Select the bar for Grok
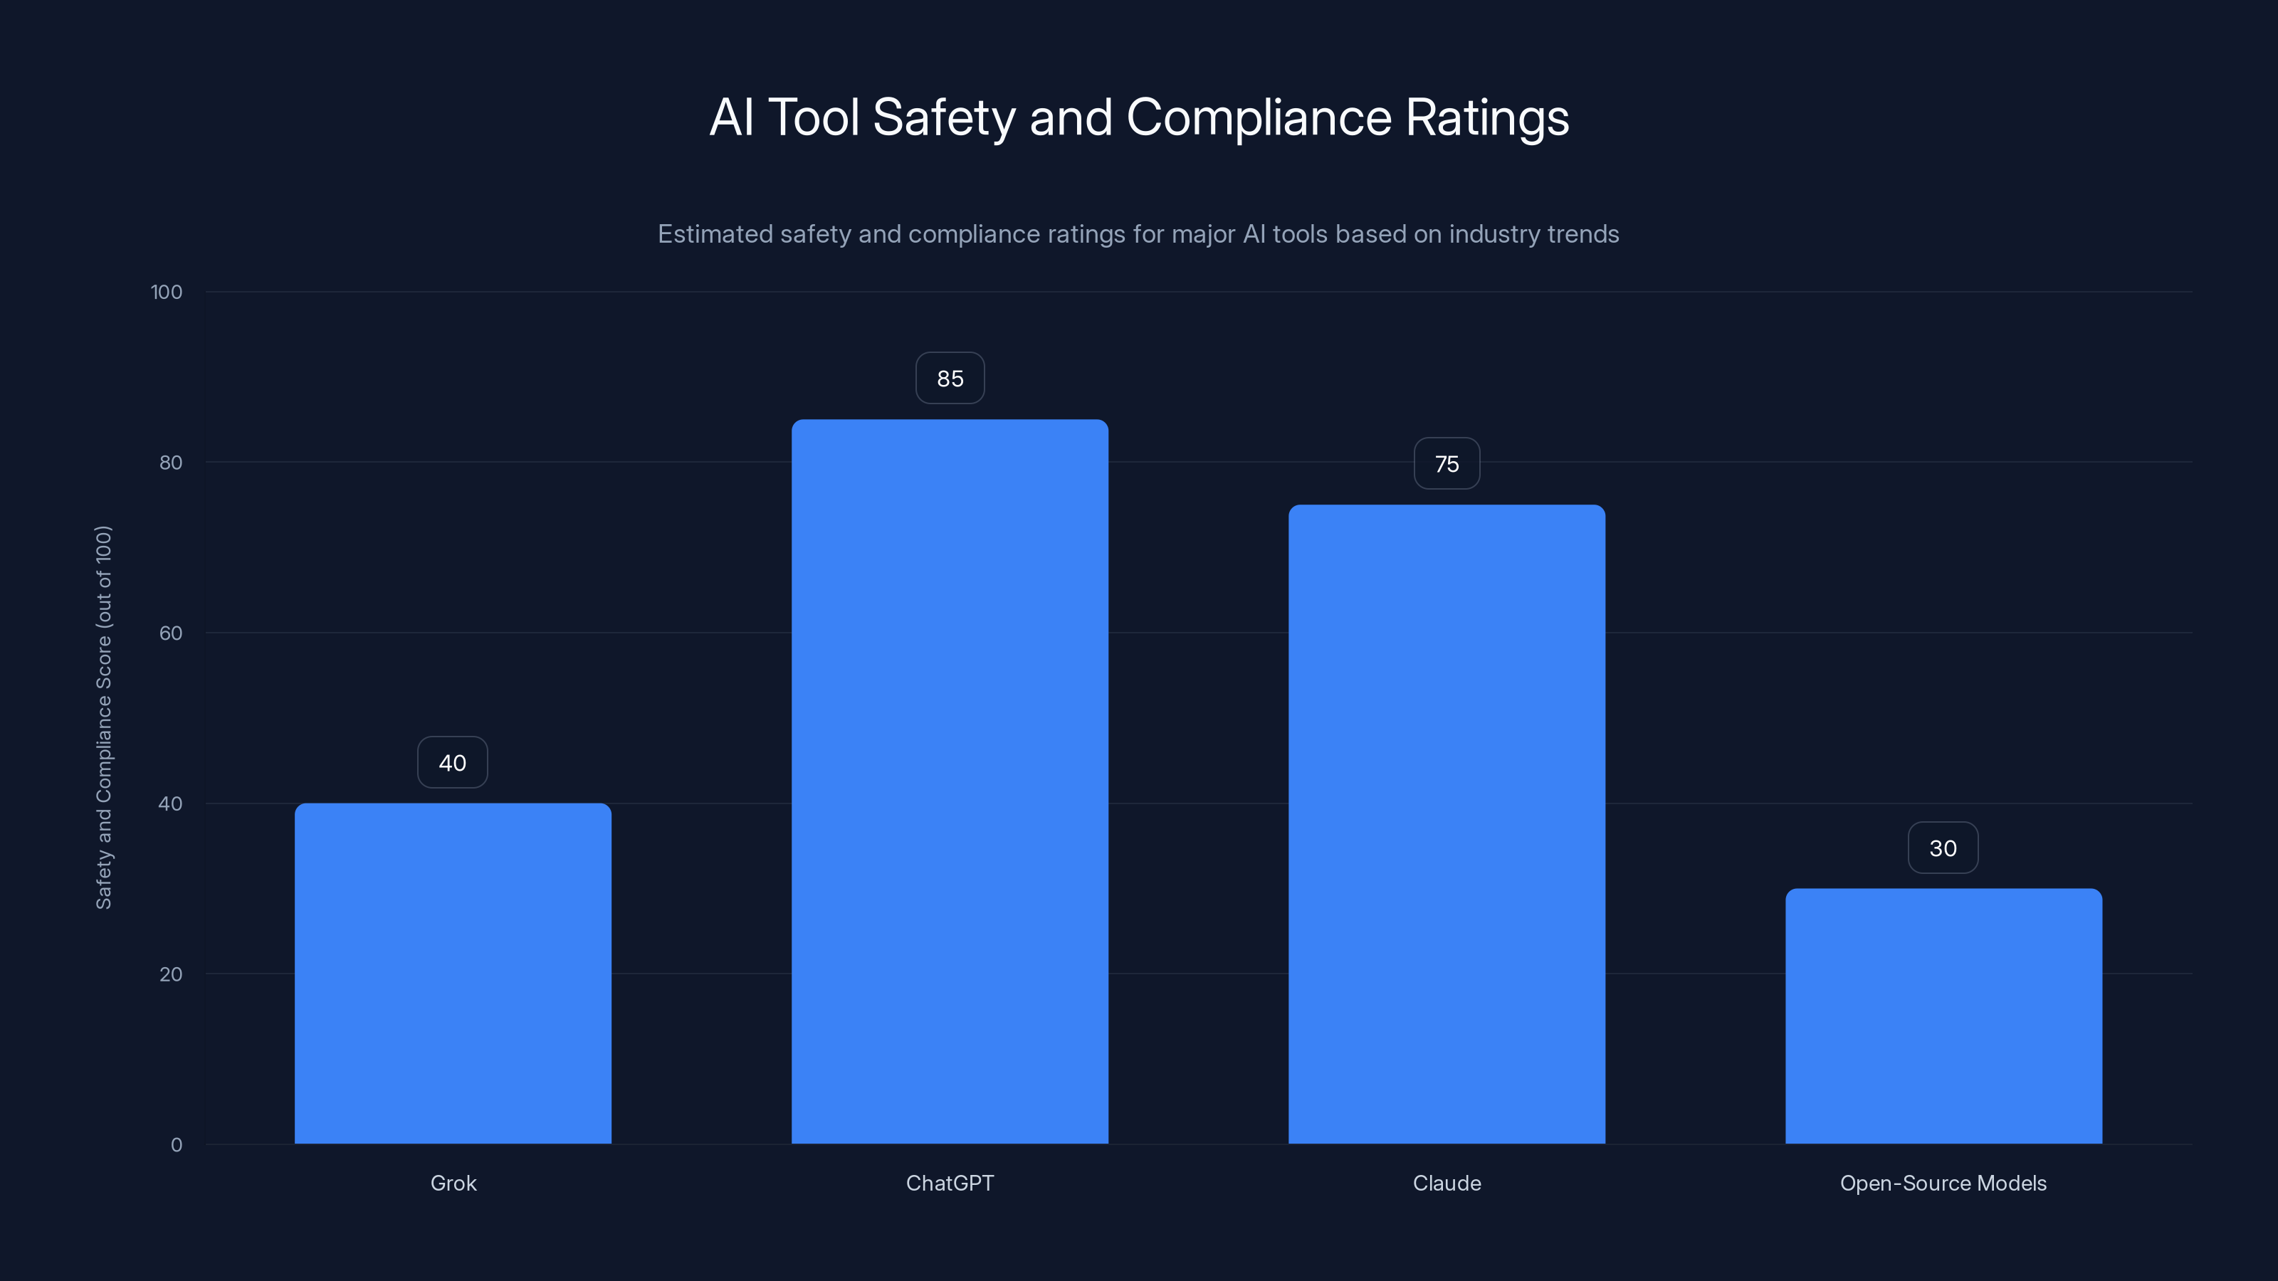(x=453, y=972)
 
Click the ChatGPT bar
(x=950, y=781)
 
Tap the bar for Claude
(x=1447, y=824)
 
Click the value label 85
(x=950, y=379)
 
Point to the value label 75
(x=1447, y=464)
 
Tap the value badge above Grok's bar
(x=453, y=763)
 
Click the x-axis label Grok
(x=453, y=1183)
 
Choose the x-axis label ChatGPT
(x=950, y=1183)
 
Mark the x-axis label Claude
(x=1447, y=1183)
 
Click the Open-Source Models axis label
(x=1943, y=1183)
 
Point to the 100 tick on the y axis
(x=167, y=292)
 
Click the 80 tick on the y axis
(x=171, y=463)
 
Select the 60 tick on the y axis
(x=171, y=633)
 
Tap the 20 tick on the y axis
(x=171, y=974)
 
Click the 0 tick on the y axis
(x=176, y=1145)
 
